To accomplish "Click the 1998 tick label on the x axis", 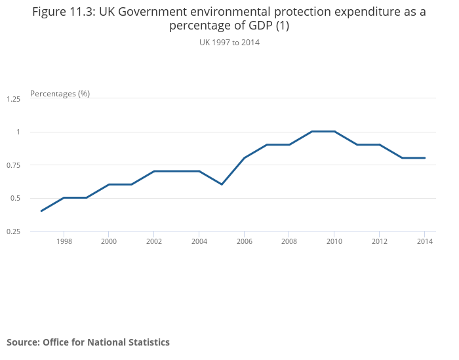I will point(64,241).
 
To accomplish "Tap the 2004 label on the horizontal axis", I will point(199,241).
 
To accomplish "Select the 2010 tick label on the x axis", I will point(334,241).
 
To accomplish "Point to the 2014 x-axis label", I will point(425,241).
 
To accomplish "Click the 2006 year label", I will point(245,241).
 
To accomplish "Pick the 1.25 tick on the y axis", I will point(13,99).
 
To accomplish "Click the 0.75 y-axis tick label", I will point(13,165).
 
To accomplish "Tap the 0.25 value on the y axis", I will point(13,231).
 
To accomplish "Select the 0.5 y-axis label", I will point(15,198).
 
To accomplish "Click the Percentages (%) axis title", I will point(60,93).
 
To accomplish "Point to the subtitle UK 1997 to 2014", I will point(229,43).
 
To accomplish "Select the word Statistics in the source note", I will point(147,342).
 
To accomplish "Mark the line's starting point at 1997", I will point(41,210).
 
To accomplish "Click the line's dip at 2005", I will point(222,184).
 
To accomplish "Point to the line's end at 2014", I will point(425,157).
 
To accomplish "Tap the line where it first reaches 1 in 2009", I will point(312,131).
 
